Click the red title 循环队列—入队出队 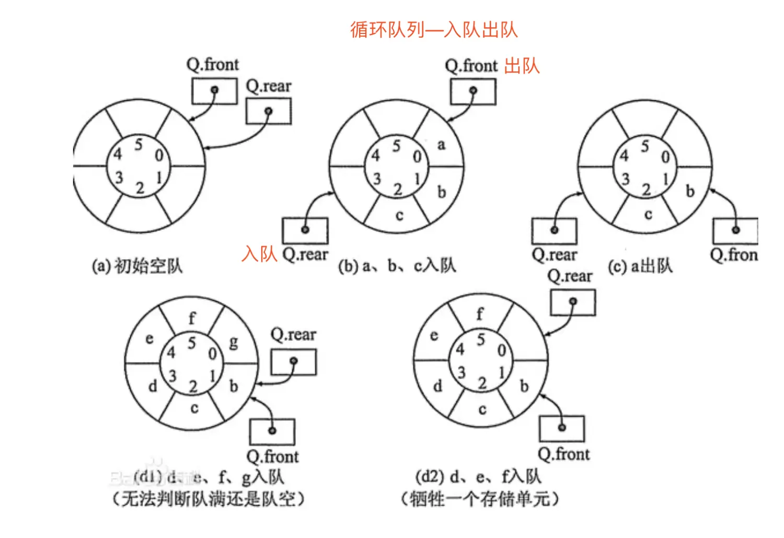click(433, 30)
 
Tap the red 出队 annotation click(522, 66)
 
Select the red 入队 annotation click(259, 254)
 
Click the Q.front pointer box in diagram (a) click(214, 91)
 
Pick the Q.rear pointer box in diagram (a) click(268, 111)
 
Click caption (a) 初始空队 click(137, 266)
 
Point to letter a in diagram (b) click(441, 145)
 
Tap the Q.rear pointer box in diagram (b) click(305, 230)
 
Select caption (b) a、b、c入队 click(397, 266)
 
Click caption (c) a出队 click(640, 266)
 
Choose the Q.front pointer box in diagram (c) click(735, 230)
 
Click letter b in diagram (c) click(690, 192)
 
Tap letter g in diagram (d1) click(234, 342)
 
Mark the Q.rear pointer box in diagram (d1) click(293, 362)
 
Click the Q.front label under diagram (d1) click(272, 457)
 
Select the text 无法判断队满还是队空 click(208, 499)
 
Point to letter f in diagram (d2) click(480, 314)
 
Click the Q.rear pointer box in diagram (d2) click(573, 302)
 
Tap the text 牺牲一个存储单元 click(480, 499)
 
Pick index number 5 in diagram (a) click(138, 144)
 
